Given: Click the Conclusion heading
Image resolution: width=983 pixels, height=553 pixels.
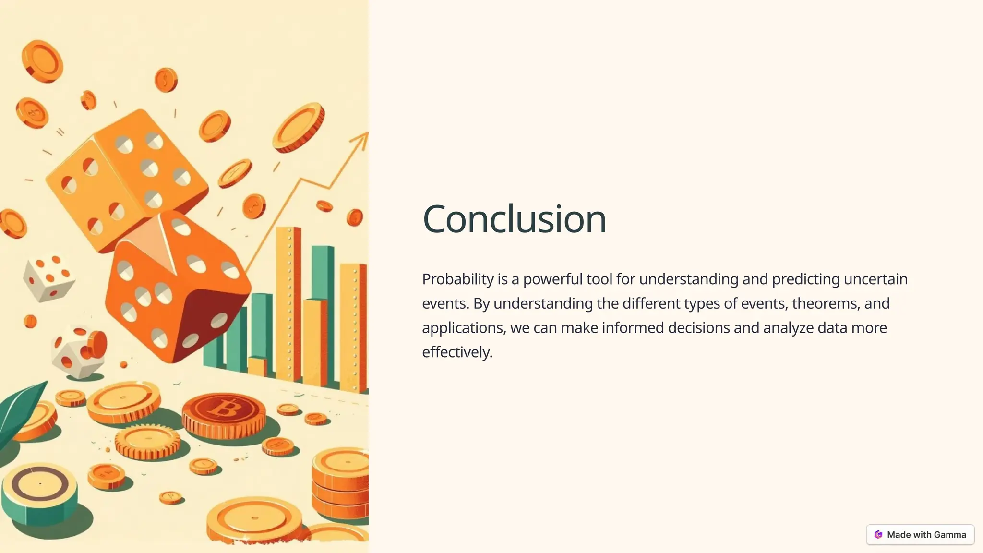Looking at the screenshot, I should [514, 219].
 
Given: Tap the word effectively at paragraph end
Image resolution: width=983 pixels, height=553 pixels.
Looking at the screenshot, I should [456, 352].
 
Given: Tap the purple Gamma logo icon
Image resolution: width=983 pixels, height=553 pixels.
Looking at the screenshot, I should [878, 535].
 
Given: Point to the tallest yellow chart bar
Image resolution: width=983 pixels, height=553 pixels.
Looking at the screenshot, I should [288, 302].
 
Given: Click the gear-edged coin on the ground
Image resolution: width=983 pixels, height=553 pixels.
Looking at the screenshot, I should [148, 441].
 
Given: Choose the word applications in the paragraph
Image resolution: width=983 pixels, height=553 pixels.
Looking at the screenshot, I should [463, 328].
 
